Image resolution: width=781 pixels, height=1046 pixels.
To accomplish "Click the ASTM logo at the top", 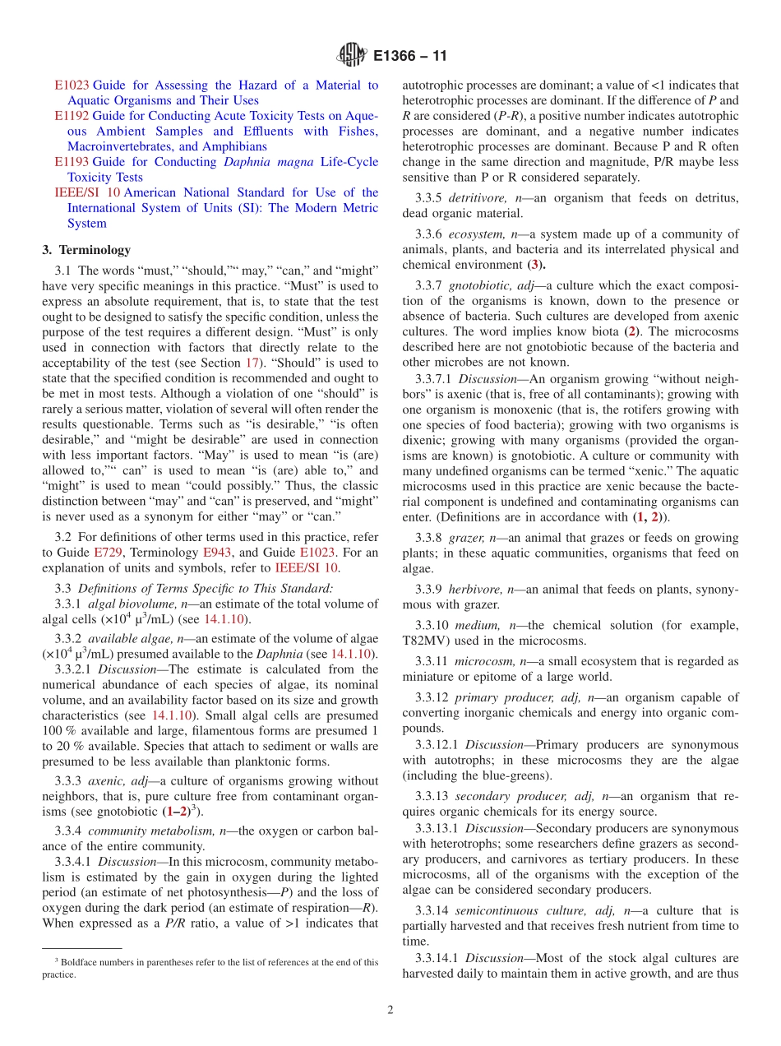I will click(352, 56).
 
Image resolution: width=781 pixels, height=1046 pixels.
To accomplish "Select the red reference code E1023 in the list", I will click(72, 85).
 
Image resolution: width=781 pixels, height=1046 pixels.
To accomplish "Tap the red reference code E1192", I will click(72, 116).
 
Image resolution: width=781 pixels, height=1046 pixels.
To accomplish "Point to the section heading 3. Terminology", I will click(86, 250).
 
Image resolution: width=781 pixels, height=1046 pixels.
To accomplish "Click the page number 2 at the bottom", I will click(390, 1010).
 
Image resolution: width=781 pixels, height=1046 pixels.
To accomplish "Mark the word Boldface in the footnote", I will click(77, 961).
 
